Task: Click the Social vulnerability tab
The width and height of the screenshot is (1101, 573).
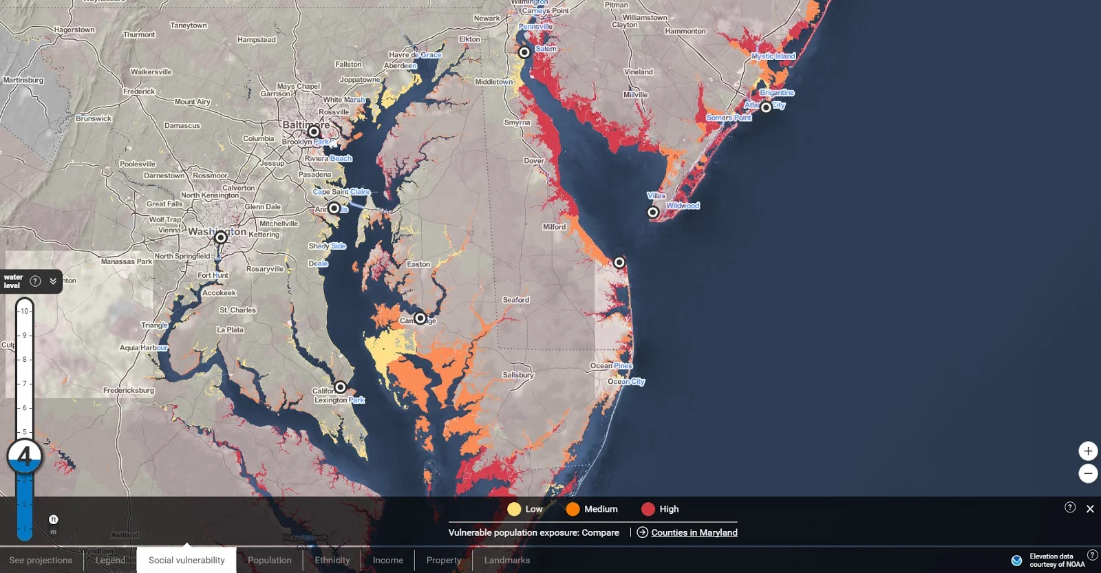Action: click(x=186, y=560)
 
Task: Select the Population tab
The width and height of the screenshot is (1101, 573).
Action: click(x=269, y=560)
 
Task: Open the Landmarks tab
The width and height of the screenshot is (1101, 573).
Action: click(x=506, y=560)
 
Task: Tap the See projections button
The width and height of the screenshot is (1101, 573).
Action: click(x=41, y=560)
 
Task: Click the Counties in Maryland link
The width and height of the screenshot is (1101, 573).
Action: click(x=694, y=532)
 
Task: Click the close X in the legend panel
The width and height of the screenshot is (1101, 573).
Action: click(x=1090, y=509)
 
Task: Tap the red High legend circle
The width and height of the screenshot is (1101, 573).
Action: click(x=648, y=509)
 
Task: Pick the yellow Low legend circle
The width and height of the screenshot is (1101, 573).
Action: click(x=514, y=509)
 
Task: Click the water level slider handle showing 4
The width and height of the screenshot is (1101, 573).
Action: click(x=25, y=456)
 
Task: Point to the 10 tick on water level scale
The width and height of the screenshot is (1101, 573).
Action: click(x=24, y=311)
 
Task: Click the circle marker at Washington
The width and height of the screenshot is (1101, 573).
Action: click(x=221, y=237)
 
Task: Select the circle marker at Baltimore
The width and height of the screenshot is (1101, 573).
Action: click(x=314, y=131)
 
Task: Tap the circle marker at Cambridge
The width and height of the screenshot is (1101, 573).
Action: click(x=420, y=318)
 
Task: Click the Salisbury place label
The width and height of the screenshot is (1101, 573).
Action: click(x=517, y=375)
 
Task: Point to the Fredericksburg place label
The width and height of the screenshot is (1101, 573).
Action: click(x=129, y=390)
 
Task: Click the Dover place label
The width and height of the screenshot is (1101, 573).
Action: click(x=533, y=161)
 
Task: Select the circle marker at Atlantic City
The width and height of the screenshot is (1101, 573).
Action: click(x=766, y=107)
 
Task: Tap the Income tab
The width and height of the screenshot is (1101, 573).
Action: click(x=387, y=560)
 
